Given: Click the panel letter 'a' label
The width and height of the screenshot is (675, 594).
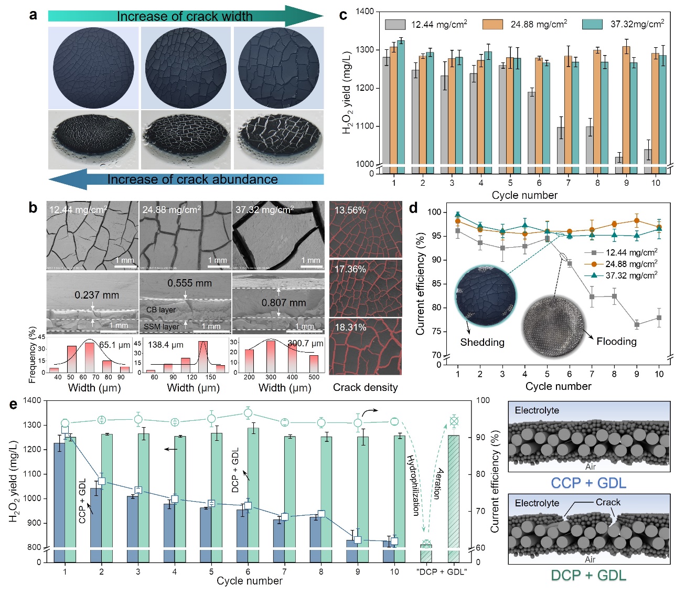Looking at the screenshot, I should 33,15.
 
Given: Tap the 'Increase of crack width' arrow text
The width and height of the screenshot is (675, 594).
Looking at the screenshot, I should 184,16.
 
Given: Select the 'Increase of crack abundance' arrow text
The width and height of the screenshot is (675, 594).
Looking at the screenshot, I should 192,179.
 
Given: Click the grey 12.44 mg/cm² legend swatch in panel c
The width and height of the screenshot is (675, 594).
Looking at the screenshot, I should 395,25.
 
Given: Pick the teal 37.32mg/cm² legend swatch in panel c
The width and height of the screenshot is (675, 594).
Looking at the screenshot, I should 592,25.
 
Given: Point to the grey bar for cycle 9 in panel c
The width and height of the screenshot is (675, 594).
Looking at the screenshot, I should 619,160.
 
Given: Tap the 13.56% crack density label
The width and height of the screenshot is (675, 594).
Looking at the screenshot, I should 350,210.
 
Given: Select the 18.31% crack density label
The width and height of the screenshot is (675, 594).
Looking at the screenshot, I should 350,327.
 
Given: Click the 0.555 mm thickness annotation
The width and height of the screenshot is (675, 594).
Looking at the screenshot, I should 189,283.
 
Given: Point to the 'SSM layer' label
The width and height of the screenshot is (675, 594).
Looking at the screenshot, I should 162,326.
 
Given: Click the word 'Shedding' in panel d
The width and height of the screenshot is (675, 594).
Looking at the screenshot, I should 482,343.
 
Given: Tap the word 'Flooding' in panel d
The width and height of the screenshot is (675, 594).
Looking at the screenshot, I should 616,342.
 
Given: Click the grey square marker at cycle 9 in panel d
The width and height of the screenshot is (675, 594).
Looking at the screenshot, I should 637,325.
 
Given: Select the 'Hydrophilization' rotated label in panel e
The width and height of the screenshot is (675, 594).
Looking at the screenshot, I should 414,485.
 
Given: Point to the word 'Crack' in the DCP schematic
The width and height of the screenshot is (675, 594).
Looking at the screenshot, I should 608,502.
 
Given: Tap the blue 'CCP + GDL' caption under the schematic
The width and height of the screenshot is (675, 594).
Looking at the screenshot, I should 588,483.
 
